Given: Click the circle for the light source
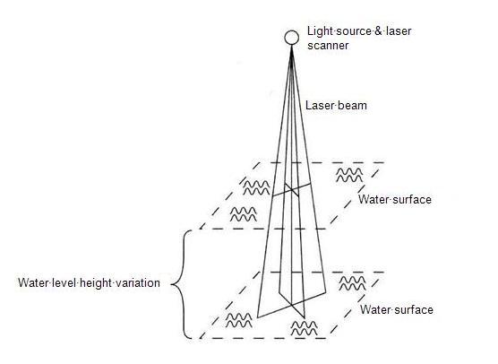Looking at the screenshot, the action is tap(292, 38).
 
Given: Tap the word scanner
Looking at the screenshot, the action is tap(328, 46).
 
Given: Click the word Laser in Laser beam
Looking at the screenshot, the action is tap(320, 105).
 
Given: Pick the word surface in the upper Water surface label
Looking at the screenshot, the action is tap(412, 200).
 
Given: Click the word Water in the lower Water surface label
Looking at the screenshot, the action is tap(374, 309).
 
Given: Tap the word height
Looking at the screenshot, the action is tap(96, 282).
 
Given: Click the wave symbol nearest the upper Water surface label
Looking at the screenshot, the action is tap(349, 175).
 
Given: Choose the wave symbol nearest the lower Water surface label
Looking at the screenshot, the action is tap(353, 283).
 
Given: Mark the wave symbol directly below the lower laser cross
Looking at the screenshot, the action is tap(304, 328).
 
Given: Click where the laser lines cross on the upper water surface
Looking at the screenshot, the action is tap(291, 189).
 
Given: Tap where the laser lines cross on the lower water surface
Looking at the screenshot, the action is tap(292, 305).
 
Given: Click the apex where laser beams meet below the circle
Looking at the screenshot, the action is tap(292, 47).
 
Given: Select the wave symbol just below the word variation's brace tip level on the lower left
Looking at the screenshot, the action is tap(239, 320).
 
